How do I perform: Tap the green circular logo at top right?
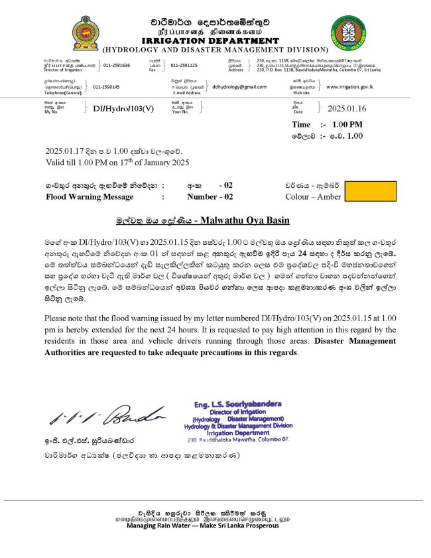[x=348, y=33]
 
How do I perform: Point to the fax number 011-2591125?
[x=184, y=65]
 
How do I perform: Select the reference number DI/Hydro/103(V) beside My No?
[x=123, y=108]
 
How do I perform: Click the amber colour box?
[x=369, y=191]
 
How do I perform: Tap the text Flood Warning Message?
[x=90, y=197]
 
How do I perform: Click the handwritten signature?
[x=105, y=416]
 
